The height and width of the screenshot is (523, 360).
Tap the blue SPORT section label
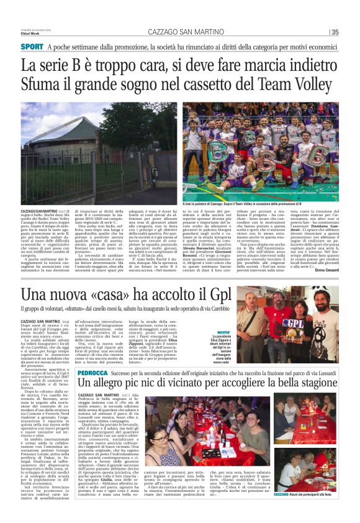(x=32, y=47)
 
